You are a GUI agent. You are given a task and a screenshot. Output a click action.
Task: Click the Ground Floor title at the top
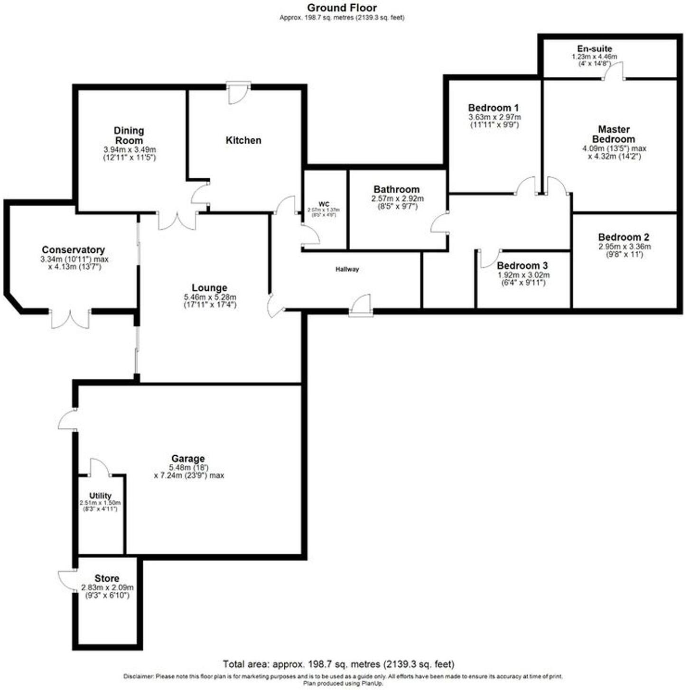click(342, 8)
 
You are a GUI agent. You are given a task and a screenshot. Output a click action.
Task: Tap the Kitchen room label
click(243, 140)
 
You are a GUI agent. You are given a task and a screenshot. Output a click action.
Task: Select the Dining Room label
click(129, 136)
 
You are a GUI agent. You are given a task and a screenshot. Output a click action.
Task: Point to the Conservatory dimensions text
click(75, 263)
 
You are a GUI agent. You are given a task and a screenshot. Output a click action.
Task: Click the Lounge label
click(209, 288)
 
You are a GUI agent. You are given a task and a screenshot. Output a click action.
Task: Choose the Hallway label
click(347, 269)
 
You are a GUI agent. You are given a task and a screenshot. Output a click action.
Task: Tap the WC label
click(324, 204)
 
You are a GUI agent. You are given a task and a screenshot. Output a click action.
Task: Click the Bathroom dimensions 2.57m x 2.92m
click(397, 199)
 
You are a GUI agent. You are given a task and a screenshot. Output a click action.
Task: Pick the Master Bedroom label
click(614, 134)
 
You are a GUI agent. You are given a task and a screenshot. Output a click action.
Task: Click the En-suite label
click(594, 48)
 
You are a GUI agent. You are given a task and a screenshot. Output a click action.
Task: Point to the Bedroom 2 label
click(624, 237)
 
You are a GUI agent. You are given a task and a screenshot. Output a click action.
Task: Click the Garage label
click(188, 459)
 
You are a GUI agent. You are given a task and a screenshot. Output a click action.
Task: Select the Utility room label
click(100, 496)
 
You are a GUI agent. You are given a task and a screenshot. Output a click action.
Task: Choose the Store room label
click(107, 579)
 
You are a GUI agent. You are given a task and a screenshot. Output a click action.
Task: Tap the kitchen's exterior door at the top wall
click(237, 93)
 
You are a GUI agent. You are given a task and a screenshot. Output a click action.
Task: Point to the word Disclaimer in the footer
click(139, 676)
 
